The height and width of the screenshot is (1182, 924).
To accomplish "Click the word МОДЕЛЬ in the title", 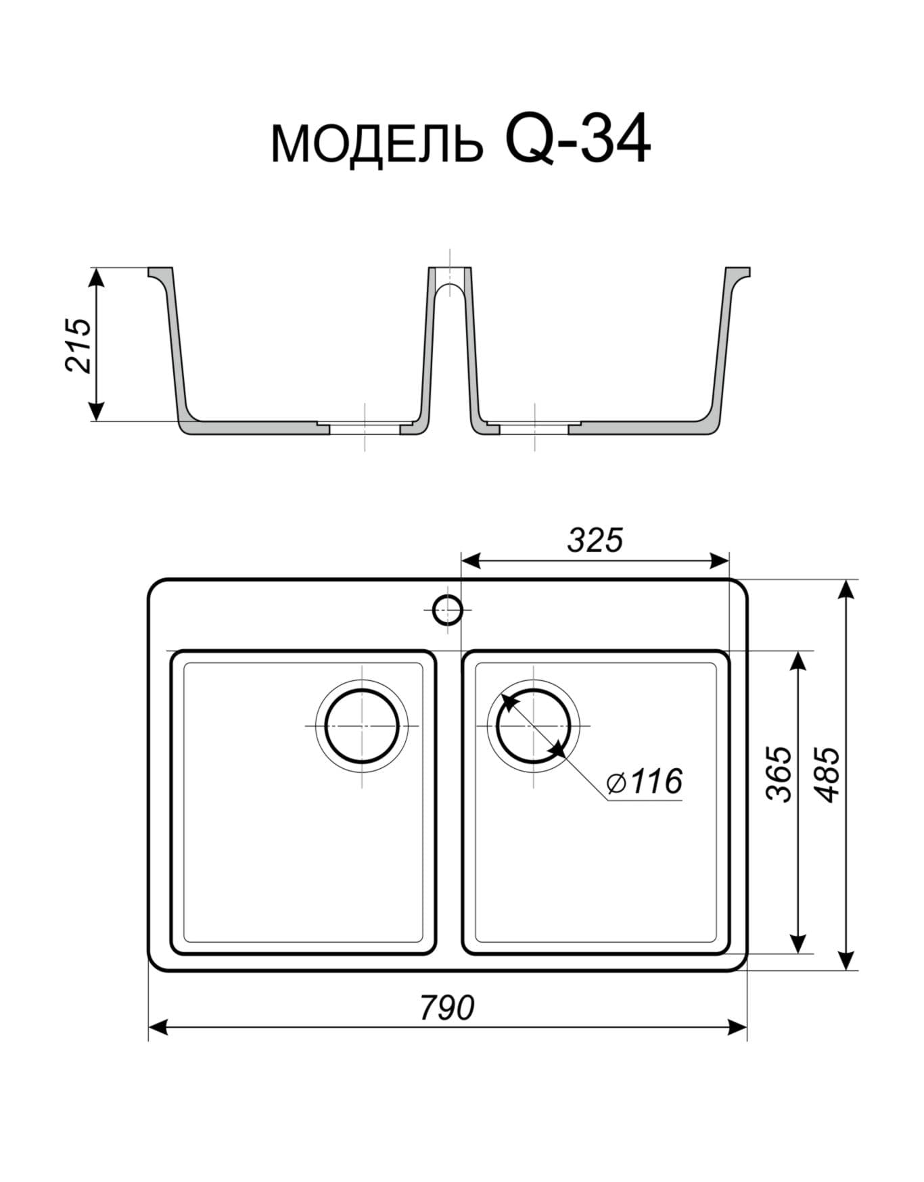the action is pos(377,143).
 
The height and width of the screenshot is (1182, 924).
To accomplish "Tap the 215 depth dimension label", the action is pos(78,344).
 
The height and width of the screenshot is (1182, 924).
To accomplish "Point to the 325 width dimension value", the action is pos(595,540).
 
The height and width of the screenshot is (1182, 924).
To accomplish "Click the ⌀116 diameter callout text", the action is pos(645,782).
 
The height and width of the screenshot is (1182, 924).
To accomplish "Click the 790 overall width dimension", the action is pos(447,1008).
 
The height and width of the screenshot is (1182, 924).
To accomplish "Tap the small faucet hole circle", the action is pos(447,611).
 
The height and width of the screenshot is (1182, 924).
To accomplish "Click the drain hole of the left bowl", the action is pos(362,726).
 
